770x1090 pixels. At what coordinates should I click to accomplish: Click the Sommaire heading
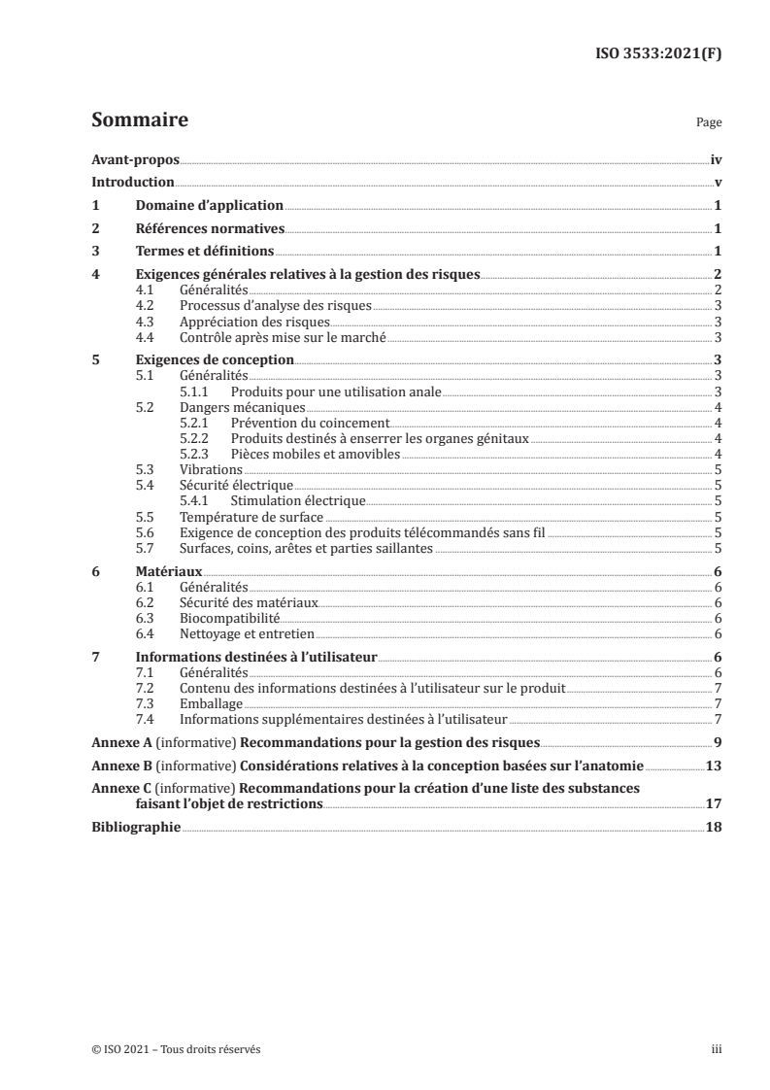[139, 121]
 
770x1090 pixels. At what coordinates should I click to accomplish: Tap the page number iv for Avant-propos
[716, 160]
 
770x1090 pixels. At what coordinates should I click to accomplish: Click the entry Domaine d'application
[209, 206]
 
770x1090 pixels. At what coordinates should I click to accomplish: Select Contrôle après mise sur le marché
[284, 337]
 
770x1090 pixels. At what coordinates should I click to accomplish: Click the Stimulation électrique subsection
[298, 500]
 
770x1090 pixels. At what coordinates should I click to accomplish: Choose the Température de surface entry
[251, 517]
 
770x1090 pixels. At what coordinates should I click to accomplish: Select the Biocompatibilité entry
[230, 618]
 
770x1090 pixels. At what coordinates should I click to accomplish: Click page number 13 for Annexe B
[714, 766]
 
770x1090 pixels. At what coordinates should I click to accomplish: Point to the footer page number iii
[717, 1049]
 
